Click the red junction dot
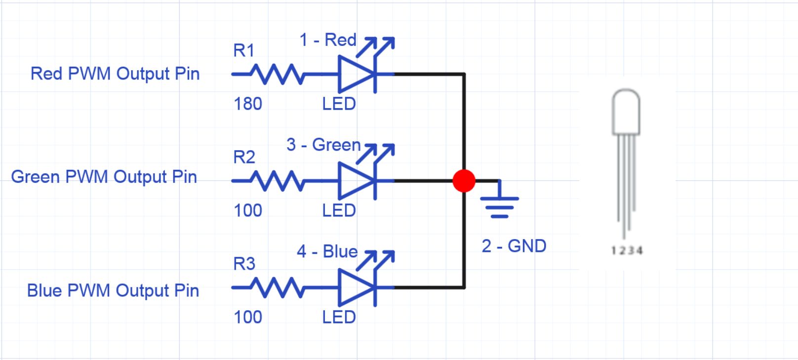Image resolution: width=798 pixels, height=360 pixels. (464, 181)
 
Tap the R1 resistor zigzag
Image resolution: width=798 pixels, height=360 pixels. (277, 74)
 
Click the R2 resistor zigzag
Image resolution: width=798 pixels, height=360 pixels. (277, 181)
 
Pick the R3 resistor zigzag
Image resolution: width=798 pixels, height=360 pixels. (277, 287)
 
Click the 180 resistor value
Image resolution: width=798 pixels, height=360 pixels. (248, 104)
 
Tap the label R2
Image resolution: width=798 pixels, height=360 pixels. (244, 157)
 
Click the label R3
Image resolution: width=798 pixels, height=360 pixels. (244, 264)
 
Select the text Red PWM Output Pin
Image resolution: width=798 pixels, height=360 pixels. (115, 74)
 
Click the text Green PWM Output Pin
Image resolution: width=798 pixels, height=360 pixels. (104, 177)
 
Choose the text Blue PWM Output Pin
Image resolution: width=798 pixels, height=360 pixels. (113, 290)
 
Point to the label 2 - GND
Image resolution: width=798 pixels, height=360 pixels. (514, 246)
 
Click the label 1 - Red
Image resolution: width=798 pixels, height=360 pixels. (328, 40)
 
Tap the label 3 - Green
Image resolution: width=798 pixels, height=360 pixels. (323, 145)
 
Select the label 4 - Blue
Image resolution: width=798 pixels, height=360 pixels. (327, 251)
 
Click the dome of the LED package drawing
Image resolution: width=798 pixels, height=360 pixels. (626, 112)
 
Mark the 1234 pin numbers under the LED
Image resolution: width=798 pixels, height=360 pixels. (627, 251)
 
